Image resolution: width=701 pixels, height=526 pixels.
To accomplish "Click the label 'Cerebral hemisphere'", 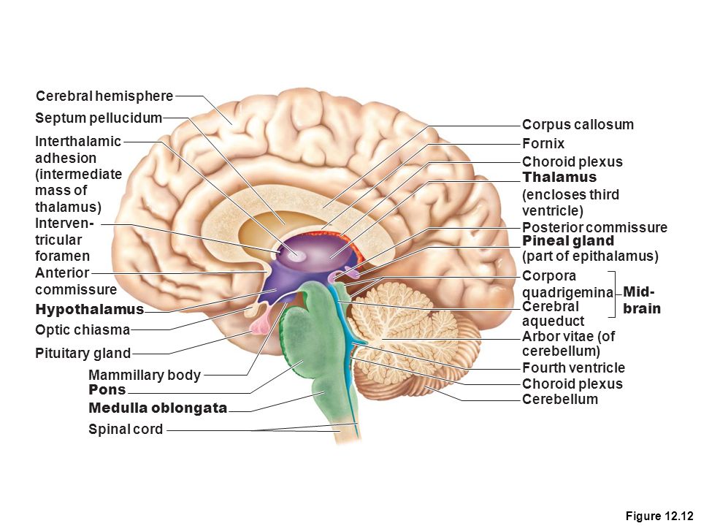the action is click(104, 96).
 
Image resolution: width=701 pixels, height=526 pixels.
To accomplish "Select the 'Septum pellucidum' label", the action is click(99, 118).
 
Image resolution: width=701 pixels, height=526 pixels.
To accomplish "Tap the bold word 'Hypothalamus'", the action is click(89, 309).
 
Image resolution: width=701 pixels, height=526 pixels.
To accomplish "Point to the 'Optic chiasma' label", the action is click(83, 329).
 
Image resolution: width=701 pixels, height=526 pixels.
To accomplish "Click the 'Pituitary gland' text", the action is click(83, 353).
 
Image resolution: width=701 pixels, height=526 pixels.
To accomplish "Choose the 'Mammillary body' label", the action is click(145, 375).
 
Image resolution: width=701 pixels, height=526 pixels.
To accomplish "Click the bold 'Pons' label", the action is click(107, 389).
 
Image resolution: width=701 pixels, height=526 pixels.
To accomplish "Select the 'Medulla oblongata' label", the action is click(158, 408).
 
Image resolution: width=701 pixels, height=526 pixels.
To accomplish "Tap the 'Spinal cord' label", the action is click(126, 429).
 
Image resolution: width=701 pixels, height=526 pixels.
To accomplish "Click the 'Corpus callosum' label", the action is click(578, 124).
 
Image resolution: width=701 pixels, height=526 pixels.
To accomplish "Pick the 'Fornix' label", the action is click(543, 143).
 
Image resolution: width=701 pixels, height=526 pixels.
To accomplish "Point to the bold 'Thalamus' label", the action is click(559, 177).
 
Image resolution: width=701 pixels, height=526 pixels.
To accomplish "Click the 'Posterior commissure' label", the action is click(594, 227).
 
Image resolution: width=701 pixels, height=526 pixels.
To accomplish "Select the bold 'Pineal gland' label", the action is click(568, 241).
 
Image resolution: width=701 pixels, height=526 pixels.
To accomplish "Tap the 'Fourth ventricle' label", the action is click(574, 367).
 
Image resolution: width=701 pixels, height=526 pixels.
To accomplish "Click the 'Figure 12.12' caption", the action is click(659, 516).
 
